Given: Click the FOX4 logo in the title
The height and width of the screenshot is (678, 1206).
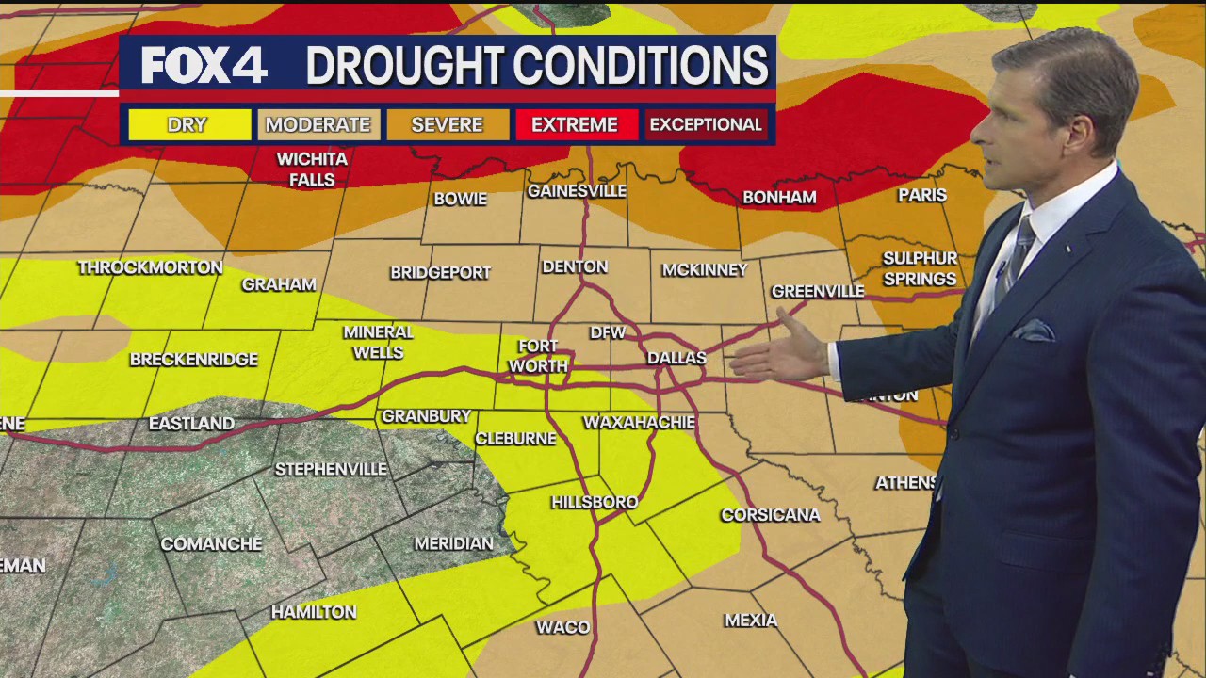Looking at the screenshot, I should [x=204, y=66].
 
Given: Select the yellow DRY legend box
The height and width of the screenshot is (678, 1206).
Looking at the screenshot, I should [x=188, y=124].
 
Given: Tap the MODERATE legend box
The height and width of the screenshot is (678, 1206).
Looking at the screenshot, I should [x=318, y=124].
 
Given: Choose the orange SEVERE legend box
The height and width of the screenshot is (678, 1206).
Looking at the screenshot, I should [x=448, y=124].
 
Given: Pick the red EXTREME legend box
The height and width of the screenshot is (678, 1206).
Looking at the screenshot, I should [x=575, y=124].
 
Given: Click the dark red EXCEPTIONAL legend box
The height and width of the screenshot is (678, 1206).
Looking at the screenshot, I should [x=706, y=124].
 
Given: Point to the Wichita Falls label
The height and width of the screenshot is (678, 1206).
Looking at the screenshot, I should [x=312, y=169].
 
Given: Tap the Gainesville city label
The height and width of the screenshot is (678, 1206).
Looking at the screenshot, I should [x=577, y=190].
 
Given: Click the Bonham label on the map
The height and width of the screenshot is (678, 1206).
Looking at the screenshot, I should [x=779, y=198].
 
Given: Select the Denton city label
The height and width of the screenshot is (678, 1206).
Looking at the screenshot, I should [x=575, y=266].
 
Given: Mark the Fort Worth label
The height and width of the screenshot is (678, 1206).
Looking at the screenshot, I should [x=538, y=356].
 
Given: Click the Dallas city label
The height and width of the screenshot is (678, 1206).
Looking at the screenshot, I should [x=676, y=358].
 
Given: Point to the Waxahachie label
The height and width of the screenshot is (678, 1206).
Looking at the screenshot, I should [x=639, y=422].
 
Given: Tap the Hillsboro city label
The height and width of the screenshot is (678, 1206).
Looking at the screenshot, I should [x=595, y=502].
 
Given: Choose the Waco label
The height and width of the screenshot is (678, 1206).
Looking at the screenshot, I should [x=563, y=627].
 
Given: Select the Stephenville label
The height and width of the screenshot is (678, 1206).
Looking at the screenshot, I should [x=331, y=469].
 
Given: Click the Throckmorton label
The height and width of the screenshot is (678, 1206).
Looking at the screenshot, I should [x=150, y=268].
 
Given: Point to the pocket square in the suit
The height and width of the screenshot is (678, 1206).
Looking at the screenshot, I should [x=1033, y=331].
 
